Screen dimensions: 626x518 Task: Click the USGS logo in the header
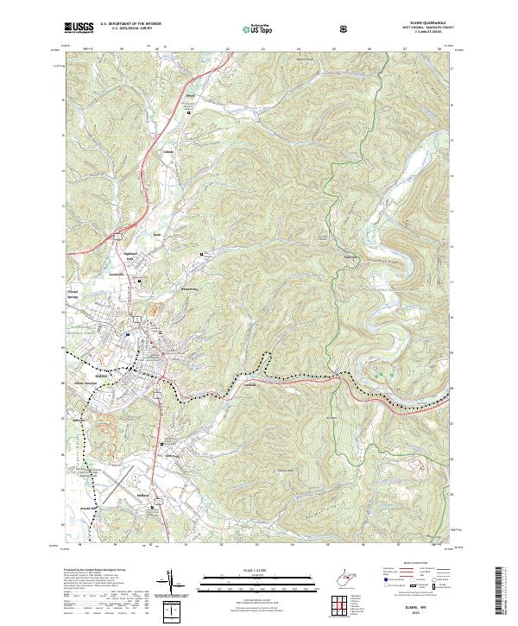(x=79, y=28)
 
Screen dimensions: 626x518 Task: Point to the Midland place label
(x=144, y=495)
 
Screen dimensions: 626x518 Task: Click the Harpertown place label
(x=189, y=289)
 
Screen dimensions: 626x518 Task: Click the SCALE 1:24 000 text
(x=259, y=569)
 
